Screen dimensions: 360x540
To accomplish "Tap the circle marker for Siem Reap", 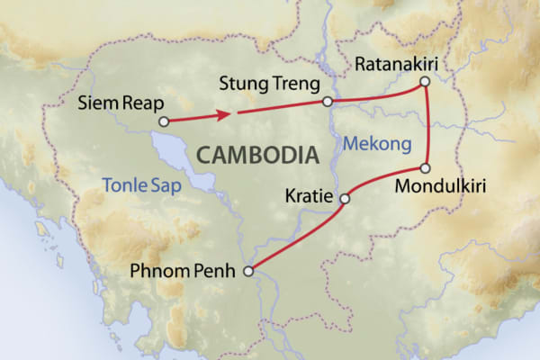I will click(x=163, y=121).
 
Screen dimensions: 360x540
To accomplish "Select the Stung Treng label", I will click(x=270, y=84).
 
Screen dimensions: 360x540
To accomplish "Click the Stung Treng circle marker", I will click(x=328, y=102).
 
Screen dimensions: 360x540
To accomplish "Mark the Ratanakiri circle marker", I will click(x=425, y=82).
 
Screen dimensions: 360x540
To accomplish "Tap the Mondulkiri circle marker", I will click(x=426, y=168).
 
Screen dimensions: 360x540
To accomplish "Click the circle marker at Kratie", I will click(x=344, y=199).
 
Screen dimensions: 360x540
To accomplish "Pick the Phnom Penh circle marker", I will click(x=249, y=267).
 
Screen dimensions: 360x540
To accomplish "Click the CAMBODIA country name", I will click(x=257, y=155).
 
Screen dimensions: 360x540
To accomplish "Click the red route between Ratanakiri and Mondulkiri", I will click(x=429, y=126).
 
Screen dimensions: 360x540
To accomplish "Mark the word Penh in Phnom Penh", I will click(x=220, y=268).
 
